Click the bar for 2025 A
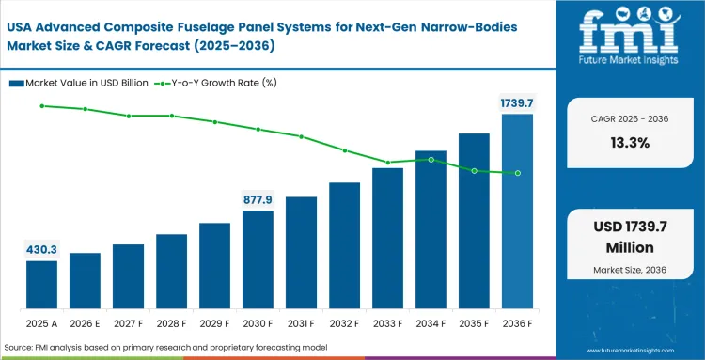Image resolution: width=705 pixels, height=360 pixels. [41, 286]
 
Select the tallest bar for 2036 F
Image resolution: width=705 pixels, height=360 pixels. [517, 212]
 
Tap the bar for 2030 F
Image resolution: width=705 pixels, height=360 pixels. [258, 260]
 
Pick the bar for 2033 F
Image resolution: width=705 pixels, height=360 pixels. [387, 239]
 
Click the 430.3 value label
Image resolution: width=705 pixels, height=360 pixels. [41, 249]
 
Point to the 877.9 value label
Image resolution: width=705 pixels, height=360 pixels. [258, 199]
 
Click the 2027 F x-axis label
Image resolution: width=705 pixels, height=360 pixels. [128, 324]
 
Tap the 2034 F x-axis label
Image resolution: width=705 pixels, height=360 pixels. [431, 324]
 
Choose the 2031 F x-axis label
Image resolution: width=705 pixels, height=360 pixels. [301, 324]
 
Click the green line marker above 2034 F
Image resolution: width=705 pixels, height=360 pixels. [431, 160]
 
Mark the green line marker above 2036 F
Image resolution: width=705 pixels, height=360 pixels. [517, 173]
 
